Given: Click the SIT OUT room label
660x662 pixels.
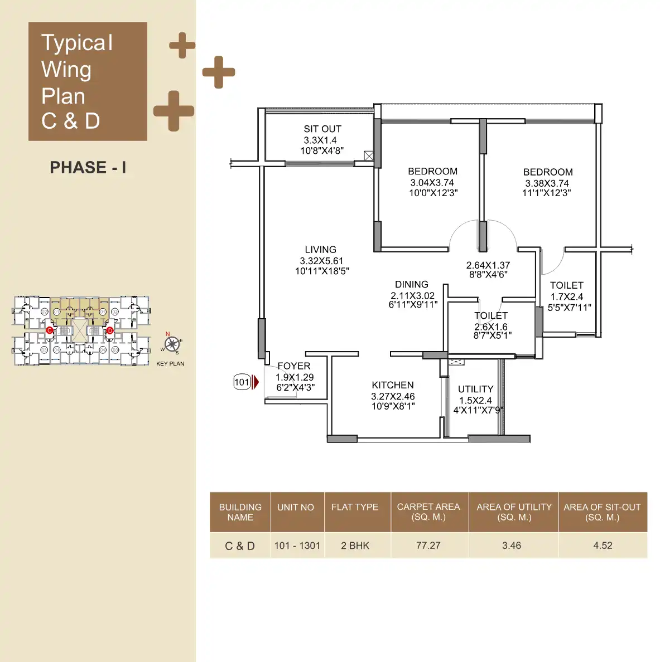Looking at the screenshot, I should (x=322, y=129).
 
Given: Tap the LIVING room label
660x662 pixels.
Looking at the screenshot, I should (x=320, y=250).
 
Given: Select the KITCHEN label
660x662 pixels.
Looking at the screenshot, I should (x=393, y=385).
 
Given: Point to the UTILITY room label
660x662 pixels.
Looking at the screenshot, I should (x=475, y=389).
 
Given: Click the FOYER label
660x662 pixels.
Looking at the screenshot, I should (x=294, y=366).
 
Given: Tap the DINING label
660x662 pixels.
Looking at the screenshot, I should (x=412, y=284).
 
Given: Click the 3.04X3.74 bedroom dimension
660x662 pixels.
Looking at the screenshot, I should (x=432, y=183).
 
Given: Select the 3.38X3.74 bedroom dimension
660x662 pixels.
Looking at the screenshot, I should (x=547, y=183).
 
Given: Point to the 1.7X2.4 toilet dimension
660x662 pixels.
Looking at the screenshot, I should (x=567, y=297).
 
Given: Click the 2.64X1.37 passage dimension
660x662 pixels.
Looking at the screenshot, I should (x=488, y=265).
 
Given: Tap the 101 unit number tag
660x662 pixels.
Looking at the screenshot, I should (x=242, y=382).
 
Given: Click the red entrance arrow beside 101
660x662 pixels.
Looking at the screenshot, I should (x=256, y=382).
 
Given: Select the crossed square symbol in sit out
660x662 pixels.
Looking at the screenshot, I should (x=369, y=156).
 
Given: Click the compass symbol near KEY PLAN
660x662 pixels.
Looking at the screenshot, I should (x=172, y=344).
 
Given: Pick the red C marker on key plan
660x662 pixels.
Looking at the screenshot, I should (x=50, y=330).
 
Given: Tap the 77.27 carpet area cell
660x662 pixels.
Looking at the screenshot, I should (x=428, y=546).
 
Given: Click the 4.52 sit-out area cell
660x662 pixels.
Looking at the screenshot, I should (x=603, y=546).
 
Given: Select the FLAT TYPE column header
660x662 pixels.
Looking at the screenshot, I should (x=355, y=507).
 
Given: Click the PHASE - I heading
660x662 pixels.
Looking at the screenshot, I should (x=88, y=167).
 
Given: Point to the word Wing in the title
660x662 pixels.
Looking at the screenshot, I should (x=66, y=70).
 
